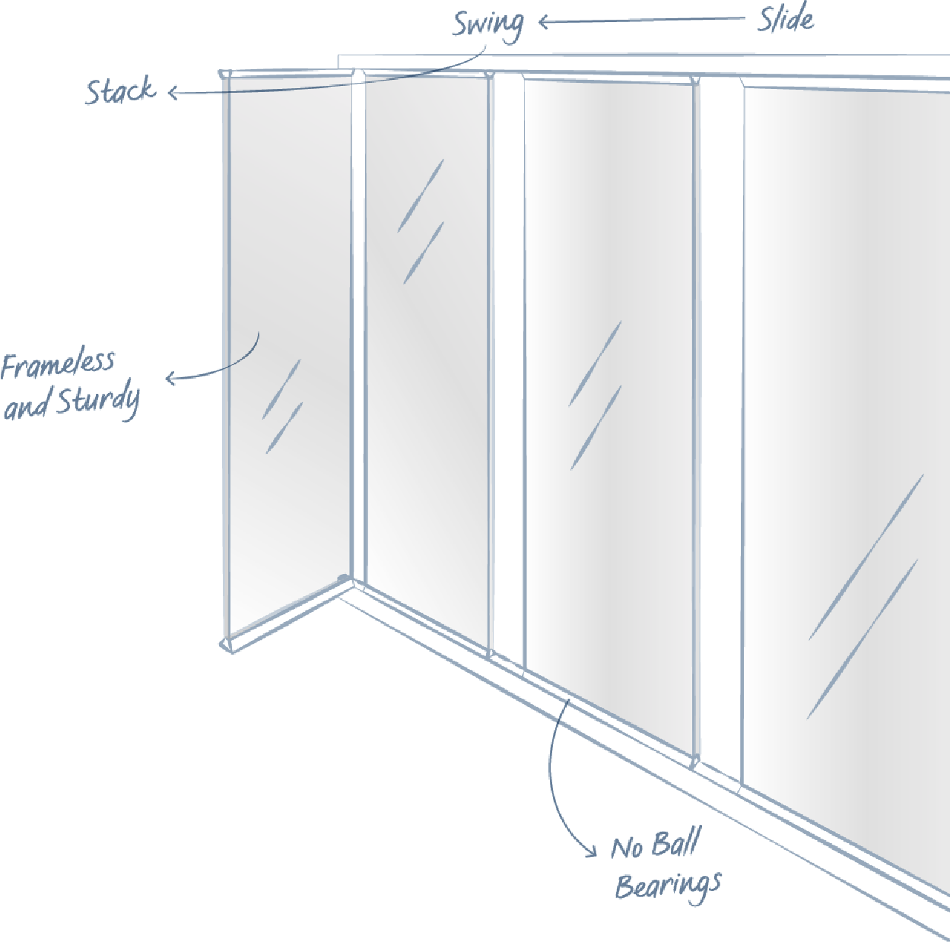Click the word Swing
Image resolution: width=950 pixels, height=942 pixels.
click(x=488, y=24)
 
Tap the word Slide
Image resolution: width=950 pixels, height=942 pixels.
click(x=785, y=20)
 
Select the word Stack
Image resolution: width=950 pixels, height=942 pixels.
click(x=120, y=91)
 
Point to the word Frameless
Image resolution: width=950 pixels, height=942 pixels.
click(x=58, y=365)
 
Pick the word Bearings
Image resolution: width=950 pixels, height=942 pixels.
click(x=668, y=886)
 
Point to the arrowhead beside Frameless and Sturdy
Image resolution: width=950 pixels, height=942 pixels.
click(x=170, y=377)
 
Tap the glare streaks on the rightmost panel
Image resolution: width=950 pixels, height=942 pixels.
click(x=864, y=601)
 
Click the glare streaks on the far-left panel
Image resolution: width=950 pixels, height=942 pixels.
click(x=282, y=408)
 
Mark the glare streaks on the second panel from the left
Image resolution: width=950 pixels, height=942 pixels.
click(x=421, y=220)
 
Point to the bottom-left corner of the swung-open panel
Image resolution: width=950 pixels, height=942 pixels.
click(x=227, y=645)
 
